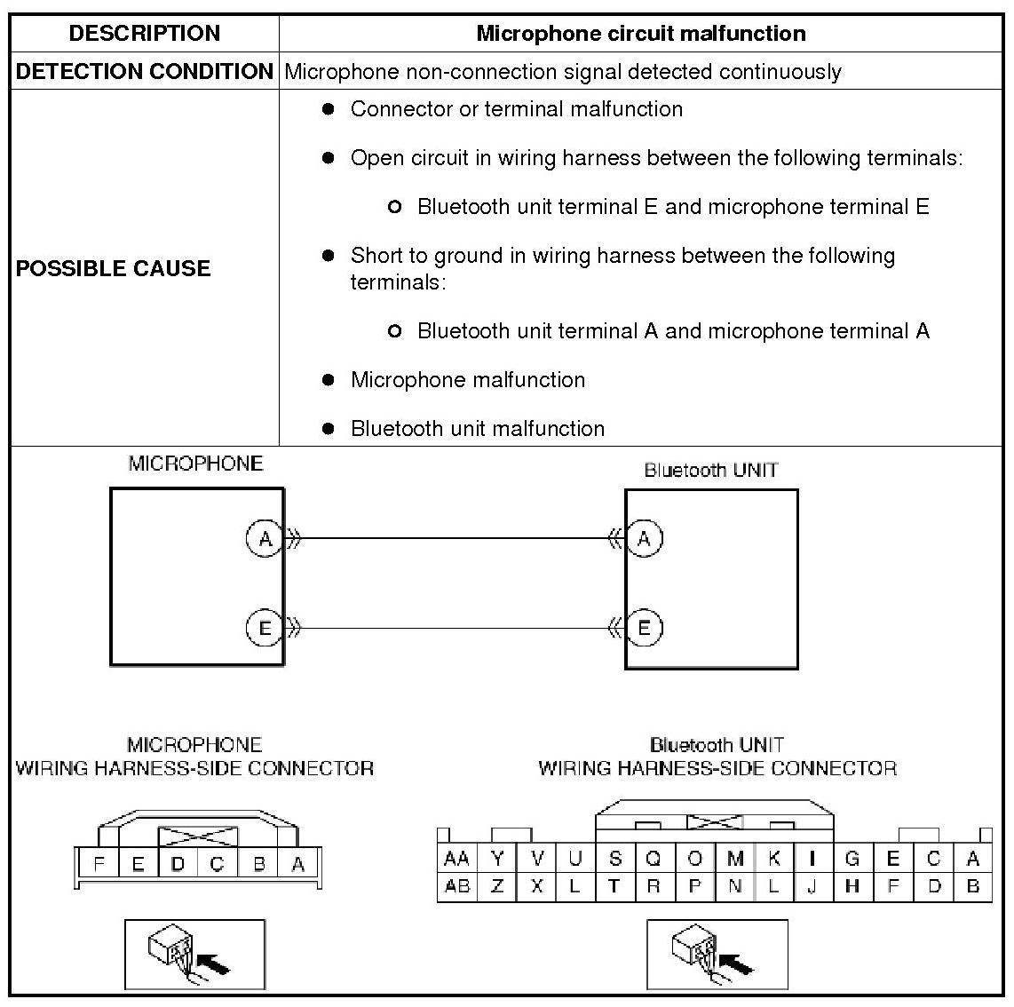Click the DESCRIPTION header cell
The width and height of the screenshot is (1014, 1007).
(x=145, y=34)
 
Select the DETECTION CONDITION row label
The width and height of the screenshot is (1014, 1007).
(x=145, y=72)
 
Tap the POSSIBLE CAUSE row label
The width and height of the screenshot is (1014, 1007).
(x=113, y=268)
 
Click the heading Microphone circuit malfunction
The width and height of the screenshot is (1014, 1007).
(x=640, y=34)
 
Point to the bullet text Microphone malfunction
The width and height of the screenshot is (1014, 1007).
(x=467, y=380)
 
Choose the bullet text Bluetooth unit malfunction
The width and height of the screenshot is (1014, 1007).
(x=477, y=429)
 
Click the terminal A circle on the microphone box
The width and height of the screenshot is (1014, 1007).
(x=264, y=538)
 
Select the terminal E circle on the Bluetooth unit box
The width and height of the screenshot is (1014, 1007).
(x=645, y=629)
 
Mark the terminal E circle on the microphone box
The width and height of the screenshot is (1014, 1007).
(x=264, y=629)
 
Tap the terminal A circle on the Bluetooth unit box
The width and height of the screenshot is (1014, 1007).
(x=645, y=538)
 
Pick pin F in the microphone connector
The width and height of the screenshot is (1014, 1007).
(x=99, y=864)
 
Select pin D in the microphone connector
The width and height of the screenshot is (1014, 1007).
(x=178, y=864)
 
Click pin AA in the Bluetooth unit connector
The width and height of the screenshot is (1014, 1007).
(x=456, y=859)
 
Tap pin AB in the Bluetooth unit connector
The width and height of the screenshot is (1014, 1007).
(x=456, y=886)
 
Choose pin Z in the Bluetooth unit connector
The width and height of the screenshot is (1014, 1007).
(x=497, y=886)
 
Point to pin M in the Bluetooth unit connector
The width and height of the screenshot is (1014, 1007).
(x=735, y=859)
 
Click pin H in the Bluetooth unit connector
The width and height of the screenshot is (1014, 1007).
(x=852, y=886)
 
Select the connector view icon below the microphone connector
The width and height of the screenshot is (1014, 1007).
(x=194, y=955)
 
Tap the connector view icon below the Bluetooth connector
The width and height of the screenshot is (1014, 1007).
(x=717, y=955)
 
